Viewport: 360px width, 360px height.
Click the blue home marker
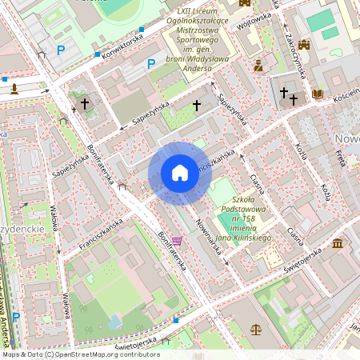pyautogui.click(x=180, y=173)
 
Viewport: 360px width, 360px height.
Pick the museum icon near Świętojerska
pyautogui.click(x=337, y=242)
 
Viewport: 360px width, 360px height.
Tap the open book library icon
pyautogui.click(x=318, y=94)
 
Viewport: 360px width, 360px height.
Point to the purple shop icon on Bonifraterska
pyautogui.click(x=177, y=240)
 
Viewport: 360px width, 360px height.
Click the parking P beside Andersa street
pyautogui.click(x=15, y=317)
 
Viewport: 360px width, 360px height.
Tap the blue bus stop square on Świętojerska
pyautogui.click(x=176, y=319)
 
